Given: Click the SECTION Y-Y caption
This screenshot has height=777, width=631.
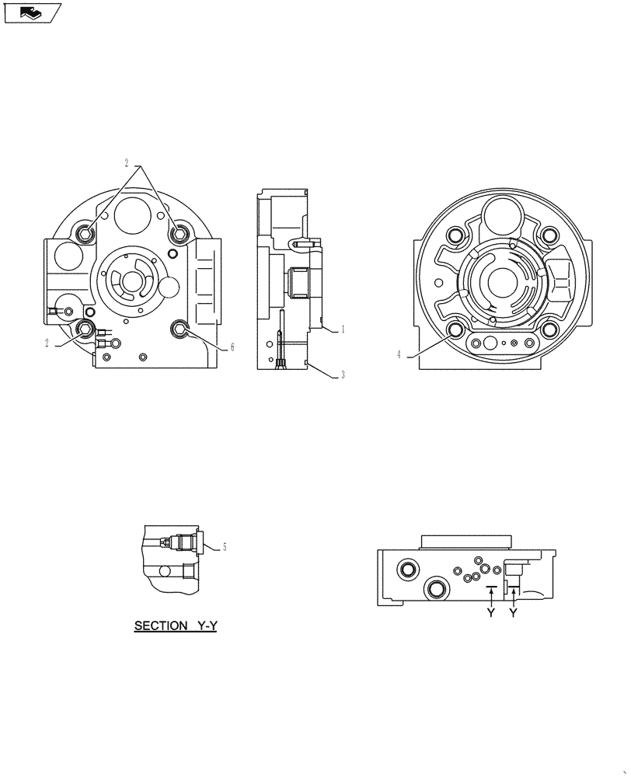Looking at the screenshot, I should (175, 625).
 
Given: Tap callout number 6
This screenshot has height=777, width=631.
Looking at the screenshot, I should (232, 347).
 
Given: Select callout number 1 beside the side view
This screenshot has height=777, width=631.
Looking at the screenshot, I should (343, 329).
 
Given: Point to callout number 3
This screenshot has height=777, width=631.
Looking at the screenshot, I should (343, 375).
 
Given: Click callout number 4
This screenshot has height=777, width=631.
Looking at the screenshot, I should (399, 354).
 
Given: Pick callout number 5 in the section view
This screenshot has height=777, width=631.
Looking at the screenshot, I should (225, 547).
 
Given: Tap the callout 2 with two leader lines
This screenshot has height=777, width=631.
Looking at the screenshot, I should (127, 164).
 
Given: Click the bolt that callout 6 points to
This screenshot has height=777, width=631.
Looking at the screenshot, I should (180, 330).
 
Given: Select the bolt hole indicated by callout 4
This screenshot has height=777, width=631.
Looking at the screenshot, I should (456, 330).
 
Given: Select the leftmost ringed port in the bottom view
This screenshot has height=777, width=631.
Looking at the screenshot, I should (406, 571).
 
